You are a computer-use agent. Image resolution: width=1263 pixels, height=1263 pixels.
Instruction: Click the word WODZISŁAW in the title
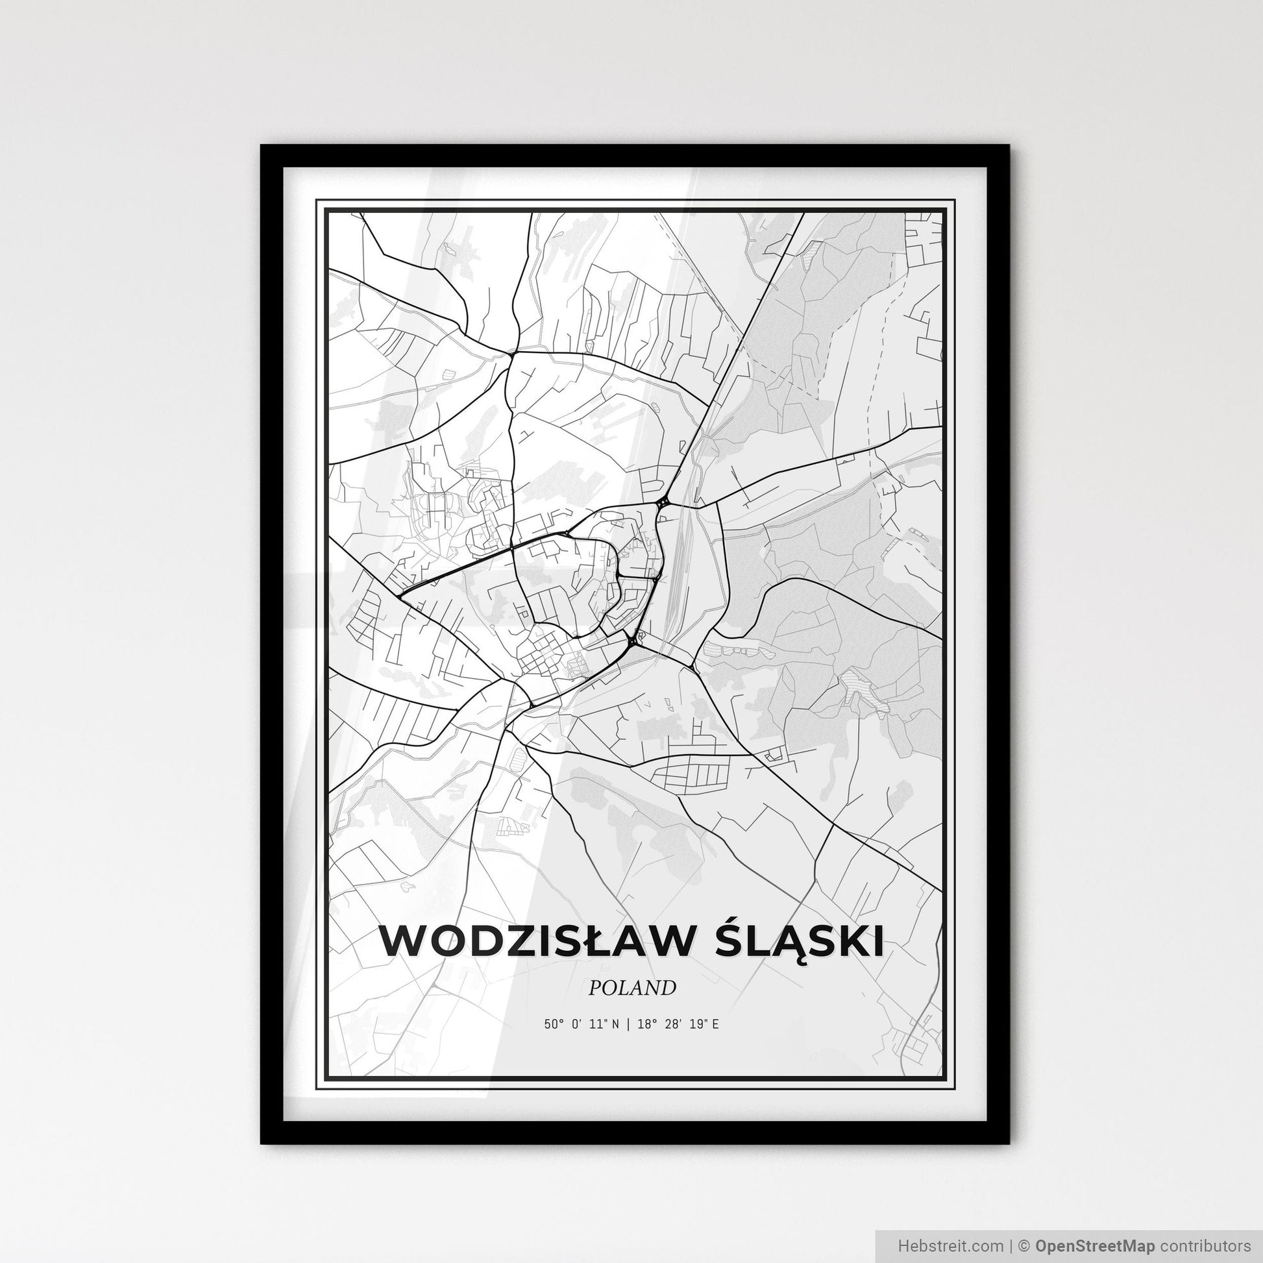[530, 942]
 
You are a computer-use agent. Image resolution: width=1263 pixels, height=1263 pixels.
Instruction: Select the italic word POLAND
[631, 988]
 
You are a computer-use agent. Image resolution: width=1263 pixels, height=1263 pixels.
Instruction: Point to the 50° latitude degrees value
[552, 1024]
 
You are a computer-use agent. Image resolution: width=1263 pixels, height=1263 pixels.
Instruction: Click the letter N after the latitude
[617, 1024]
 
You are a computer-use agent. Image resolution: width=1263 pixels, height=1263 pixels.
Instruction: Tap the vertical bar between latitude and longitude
[627, 1024]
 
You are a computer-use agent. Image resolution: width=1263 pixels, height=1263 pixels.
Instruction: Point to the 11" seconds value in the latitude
[598, 1024]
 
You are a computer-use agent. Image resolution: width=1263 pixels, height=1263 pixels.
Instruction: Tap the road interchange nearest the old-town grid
[633, 640]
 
